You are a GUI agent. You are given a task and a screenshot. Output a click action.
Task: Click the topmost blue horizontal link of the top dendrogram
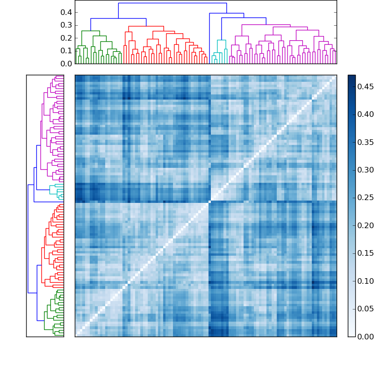coord(172,3)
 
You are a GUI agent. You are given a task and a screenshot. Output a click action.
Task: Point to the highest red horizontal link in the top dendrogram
coord(146,26)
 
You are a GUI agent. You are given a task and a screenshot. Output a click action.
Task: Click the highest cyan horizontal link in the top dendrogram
coord(221,40)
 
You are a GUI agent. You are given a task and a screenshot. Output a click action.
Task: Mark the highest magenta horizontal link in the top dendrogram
coord(266,24)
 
